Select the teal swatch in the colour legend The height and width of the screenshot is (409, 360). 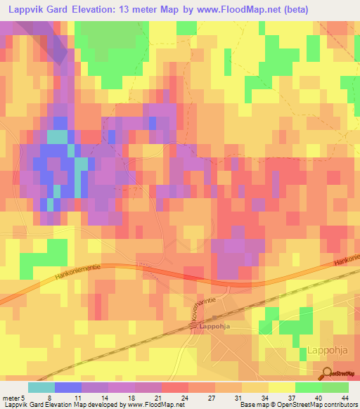(x=41, y=387)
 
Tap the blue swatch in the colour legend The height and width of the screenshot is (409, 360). (x=67, y=387)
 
